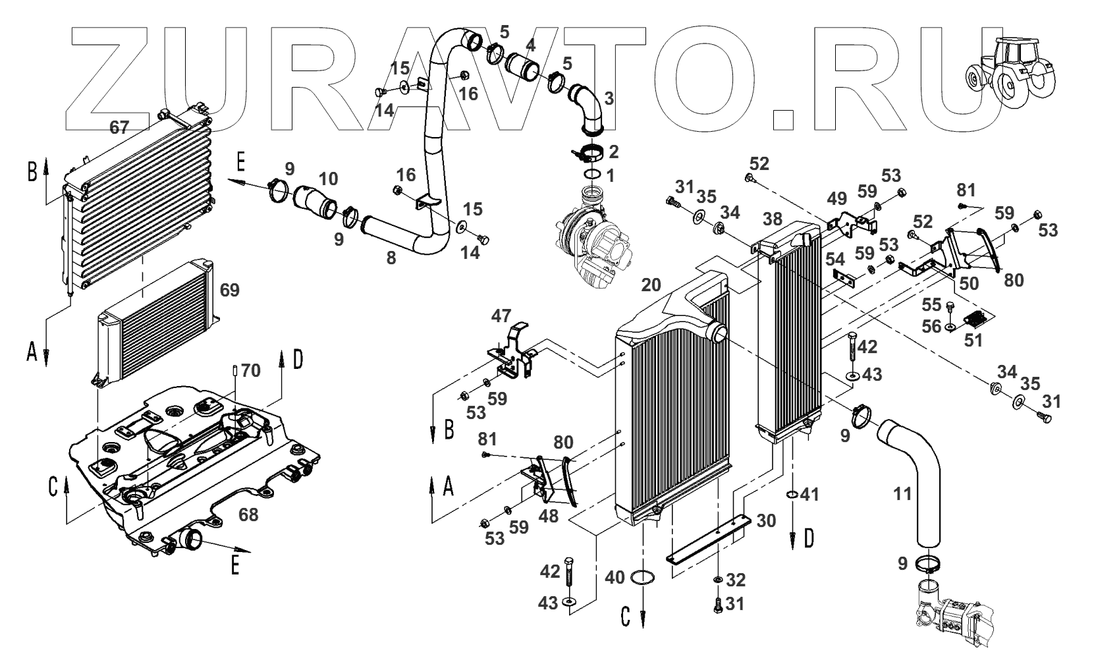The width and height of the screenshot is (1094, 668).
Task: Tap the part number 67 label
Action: tap(119, 128)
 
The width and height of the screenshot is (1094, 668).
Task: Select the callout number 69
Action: tap(230, 291)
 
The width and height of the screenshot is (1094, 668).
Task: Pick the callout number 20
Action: tap(650, 285)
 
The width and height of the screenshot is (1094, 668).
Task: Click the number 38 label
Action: tap(772, 219)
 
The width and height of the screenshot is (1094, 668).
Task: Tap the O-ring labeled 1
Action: tap(591, 175)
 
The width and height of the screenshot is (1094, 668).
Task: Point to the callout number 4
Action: tap(530, 46)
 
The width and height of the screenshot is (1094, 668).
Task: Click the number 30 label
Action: tap(766, 520)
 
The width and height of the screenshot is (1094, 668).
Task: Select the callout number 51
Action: tap(973, 340)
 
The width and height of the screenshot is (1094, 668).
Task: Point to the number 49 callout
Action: tap(836, 199)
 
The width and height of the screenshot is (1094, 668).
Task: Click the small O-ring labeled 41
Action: tap(791, 495)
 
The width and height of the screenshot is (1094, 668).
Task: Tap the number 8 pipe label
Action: tap(391, 258)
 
